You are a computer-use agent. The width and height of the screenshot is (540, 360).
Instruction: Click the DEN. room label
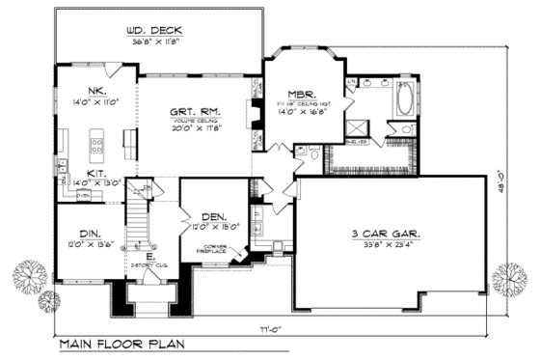(x=214, y=217)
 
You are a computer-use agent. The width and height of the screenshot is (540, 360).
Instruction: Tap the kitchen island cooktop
(x=96, y=147)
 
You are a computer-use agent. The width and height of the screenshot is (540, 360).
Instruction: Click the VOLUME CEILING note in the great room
(x=193, y=120)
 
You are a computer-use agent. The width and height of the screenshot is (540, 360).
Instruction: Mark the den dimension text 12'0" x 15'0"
(x=214, y=229)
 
